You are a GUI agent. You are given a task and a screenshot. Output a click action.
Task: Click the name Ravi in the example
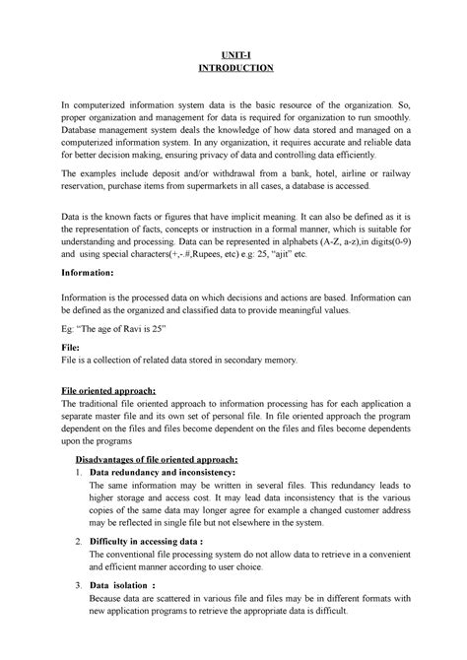138,326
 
